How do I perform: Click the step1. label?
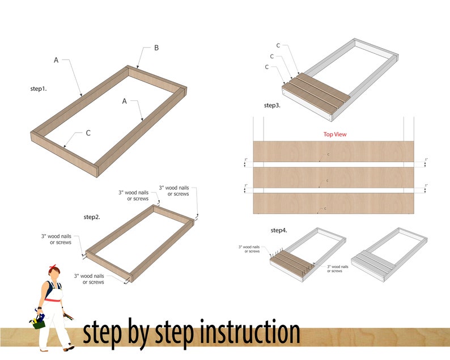(39, 89)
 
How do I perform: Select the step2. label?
(92, 217)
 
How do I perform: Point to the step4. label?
(279, 230)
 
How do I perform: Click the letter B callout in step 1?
(156, 48)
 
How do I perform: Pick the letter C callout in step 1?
(88, 133)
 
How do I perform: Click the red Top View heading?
(335, 134)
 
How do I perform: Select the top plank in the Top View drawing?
(334, 151)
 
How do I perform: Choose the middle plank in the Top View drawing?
(334, 177)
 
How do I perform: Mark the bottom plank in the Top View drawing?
(334, 204)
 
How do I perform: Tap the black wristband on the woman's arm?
(39, 309)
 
